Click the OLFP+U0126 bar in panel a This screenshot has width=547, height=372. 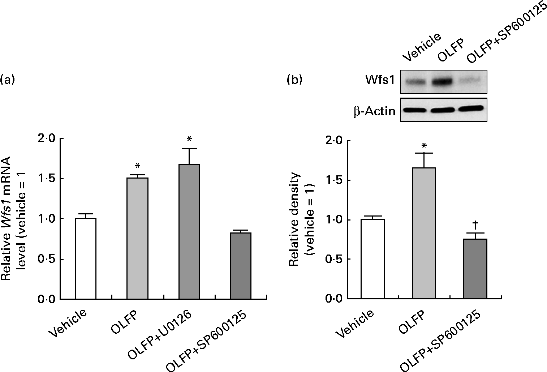pos(189,231)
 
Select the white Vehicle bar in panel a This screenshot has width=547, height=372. pos(86,258)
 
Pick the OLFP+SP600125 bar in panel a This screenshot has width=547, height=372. pos(241,266)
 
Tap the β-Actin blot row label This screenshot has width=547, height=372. pos(374,111)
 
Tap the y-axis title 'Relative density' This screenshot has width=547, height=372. pos(294,219)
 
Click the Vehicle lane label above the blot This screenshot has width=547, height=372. pos(421,47)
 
